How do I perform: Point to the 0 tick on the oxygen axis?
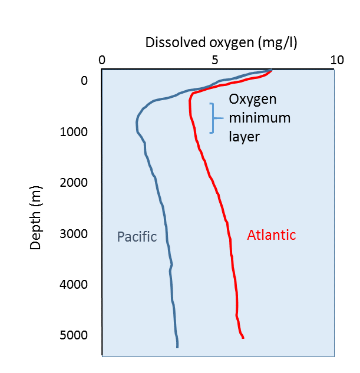pyautogui.click(x=102, y=60)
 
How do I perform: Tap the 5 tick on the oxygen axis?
pyautogui.click(x=215, y=60)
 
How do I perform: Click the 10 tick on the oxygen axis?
pyautogui.click(x=336, y=60)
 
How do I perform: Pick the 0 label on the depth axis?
pyautogui.click(x=83, y=81)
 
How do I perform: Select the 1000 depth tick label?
pyautogui.click(x=74, y=131)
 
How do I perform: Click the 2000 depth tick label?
pyautogui.click(x=74, y=183)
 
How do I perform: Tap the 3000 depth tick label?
pyautogui.click(x=74, y=233)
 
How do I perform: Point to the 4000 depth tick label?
pyautogui.click(x=74, y=285)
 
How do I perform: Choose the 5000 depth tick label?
pyautogui.click(x=74, y=335)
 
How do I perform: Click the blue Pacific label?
pyautogui.click(x=137, y=237)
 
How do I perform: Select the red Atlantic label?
pyautogui.click(x=271, y=235)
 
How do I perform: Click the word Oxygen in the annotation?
pyautogui.click(x=252, y=100)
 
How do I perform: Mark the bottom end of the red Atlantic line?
pyautogui.click(x=243, y=338)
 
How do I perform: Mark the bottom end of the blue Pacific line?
pyautogui.click(x=177, y=347)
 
